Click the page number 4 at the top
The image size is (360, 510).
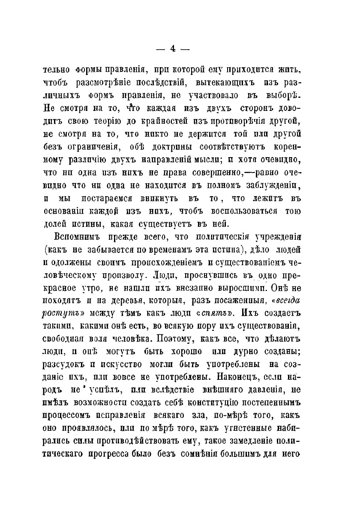tap(173, 49)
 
